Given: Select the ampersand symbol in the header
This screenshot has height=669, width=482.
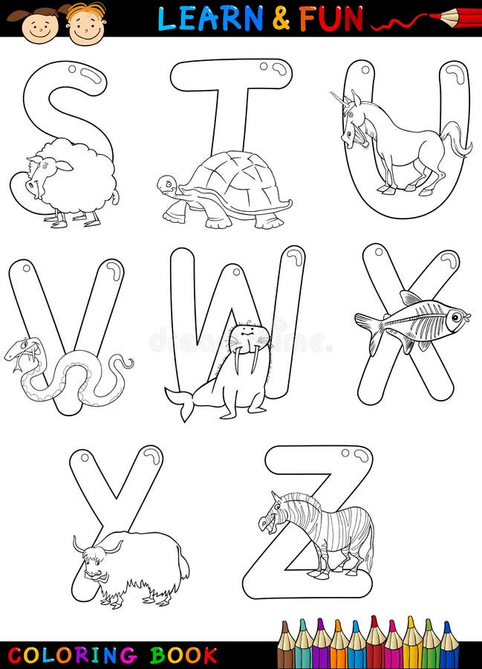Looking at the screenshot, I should click(x=281, y=19).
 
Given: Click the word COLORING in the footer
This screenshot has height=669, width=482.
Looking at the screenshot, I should click(x=73, y=655).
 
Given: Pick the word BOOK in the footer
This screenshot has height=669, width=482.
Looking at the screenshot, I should click(x=183, y=655).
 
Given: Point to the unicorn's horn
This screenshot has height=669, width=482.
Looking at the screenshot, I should click(x=339, y=97).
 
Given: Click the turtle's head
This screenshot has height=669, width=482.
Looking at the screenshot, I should click(x=168, y=184).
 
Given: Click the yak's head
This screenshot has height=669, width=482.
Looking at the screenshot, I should click(x=93, y=562).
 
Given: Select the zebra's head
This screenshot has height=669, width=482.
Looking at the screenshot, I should click(x=272, y=513).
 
